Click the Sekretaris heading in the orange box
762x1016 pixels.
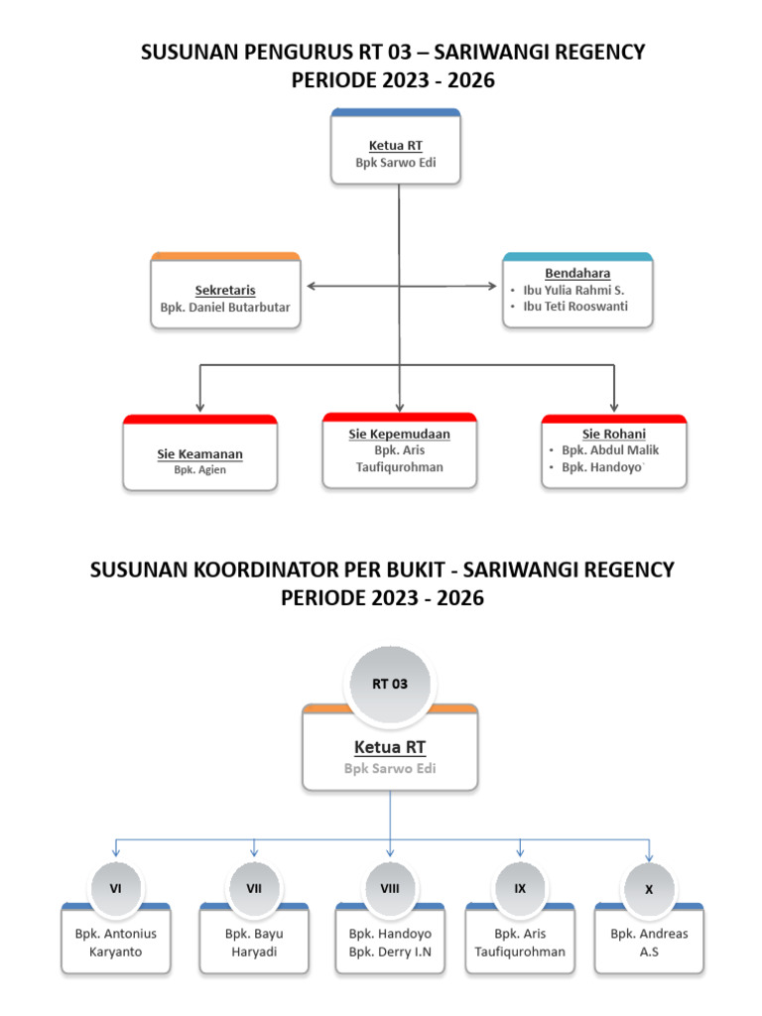(x=225, y=291)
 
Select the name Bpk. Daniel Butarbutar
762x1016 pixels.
(x=225, y=308)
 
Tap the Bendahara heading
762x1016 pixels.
(x=577, y=273)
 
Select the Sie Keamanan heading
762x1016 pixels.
(x=199, y=454)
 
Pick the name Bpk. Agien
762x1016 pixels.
(x=199, y=470)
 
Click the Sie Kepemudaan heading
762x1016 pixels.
(x=399, y=435)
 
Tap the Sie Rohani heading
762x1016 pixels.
(x=613, y=434)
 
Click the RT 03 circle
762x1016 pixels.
(x=389, y=684)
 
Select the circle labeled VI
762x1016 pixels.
(x=116, y=889)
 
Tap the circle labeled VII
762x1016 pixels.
(x=254, y=889)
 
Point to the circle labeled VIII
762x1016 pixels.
(x=390, y=889)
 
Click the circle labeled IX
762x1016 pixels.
(x=520, y=889)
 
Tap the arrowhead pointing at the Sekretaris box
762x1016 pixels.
(x=312, y=286)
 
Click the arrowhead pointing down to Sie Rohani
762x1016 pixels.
(x=614, y=406)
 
